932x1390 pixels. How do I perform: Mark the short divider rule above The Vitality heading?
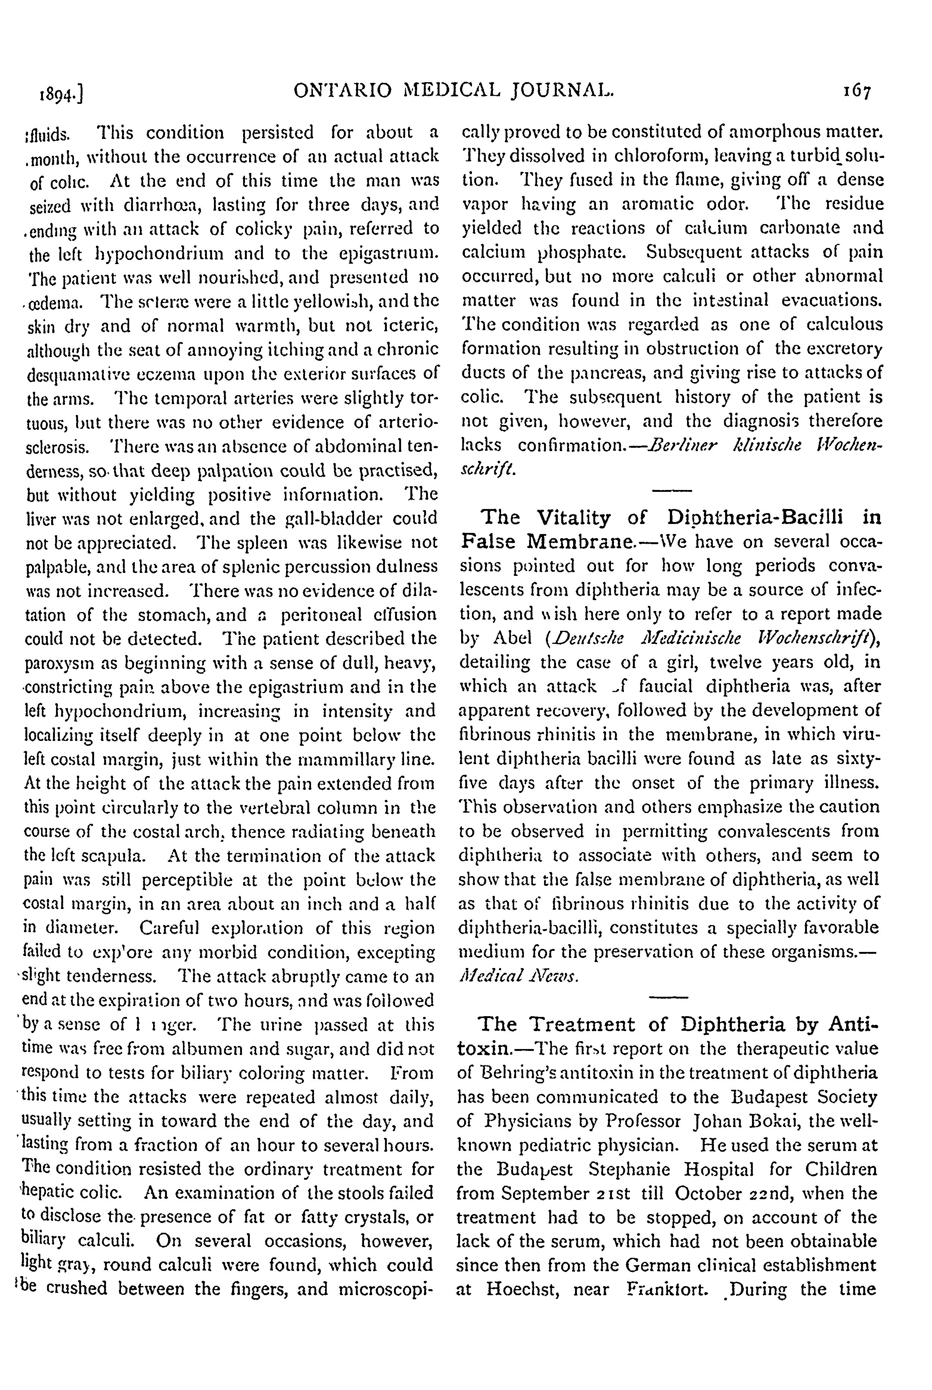[x=672, y=490]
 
